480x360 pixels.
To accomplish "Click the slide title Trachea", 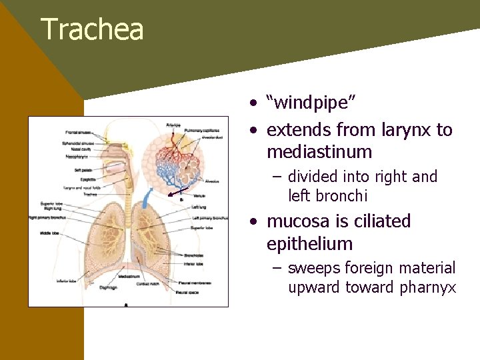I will point(92,30).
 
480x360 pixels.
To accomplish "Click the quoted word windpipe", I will point(311,103).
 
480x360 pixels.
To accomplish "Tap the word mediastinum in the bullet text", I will point(319,152).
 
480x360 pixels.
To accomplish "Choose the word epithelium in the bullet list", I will point(309,244).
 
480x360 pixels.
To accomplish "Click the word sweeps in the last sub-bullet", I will point(315,269).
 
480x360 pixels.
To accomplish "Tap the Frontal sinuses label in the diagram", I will point(79,133).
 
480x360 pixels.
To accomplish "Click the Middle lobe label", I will point(49,233).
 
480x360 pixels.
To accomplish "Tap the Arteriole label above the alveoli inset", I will point(173,124).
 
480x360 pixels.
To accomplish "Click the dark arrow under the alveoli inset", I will point(177,195).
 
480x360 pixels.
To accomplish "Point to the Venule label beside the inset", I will point(198,197).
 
